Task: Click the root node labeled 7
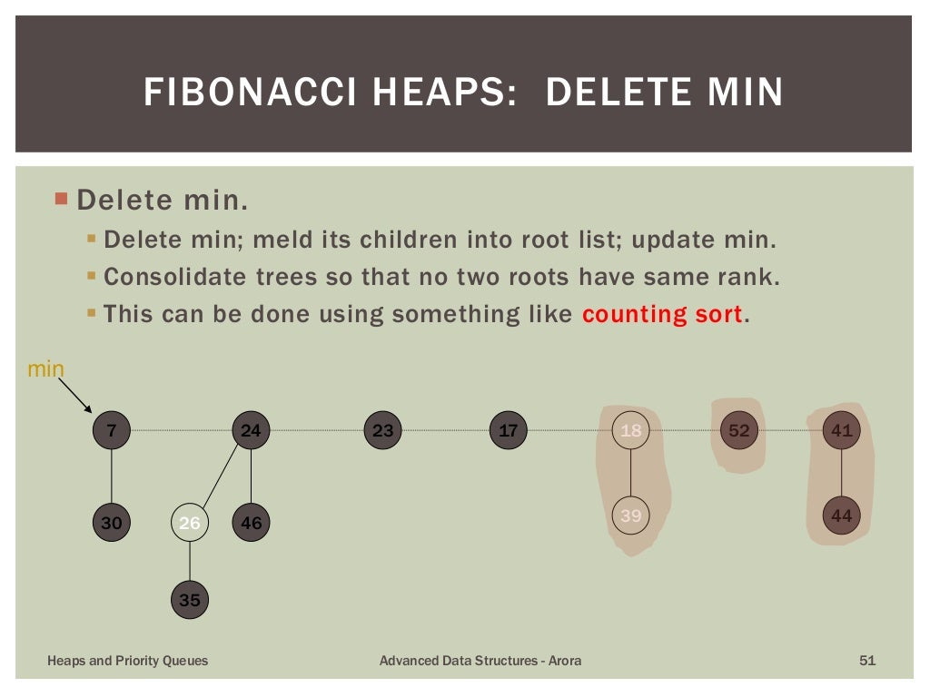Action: [x=112, y=430]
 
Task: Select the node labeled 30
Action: [x=112, y=523]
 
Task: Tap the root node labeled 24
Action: [x=251, y=430]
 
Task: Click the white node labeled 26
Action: [x=189, y=523]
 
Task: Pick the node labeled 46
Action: [x=251, y=523]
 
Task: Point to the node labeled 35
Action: [x=189, y=600]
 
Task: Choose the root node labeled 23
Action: [x=382, y=430]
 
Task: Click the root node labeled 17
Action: [x=508, y=430]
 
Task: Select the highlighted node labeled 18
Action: [x=630, y=430]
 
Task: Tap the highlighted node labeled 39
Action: [x=630, y=515]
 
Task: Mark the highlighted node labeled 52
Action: [x=739, y=430]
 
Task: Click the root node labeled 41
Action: [x=842, y=430]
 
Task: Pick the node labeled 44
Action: [x=842, y=515]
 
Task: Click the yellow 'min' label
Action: [x=46, y=368]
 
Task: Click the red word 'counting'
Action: [x=636, y=315]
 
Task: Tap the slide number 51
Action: [x=867, y=661]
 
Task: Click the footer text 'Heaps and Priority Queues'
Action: [x=127, y=661]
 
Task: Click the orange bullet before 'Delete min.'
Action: [x=62, y=198]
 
